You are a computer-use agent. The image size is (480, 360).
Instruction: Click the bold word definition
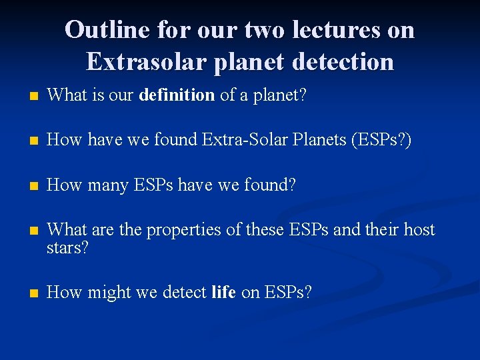177,95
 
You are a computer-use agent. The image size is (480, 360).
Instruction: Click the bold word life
223,292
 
